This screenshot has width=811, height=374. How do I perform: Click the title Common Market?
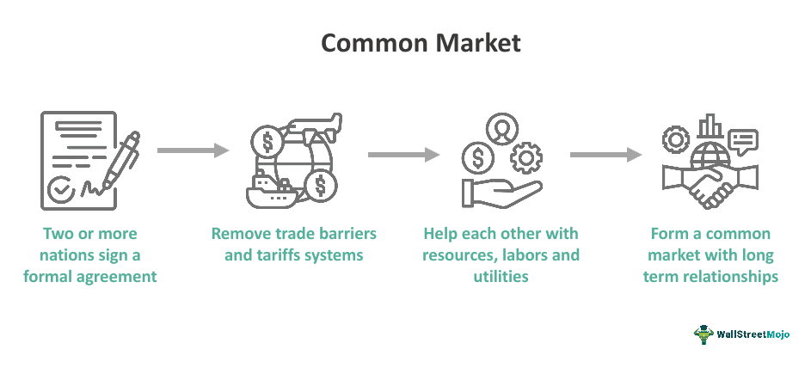405,43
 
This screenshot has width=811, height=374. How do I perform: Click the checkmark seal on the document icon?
62,192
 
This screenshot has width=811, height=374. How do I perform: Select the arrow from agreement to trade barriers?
193,150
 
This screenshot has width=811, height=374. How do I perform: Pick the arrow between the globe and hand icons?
403,155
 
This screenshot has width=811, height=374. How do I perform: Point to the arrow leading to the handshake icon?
605,155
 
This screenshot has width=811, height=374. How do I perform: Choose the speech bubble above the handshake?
742,140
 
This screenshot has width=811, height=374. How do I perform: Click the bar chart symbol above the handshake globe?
710,126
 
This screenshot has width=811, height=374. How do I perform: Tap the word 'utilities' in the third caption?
501,277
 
